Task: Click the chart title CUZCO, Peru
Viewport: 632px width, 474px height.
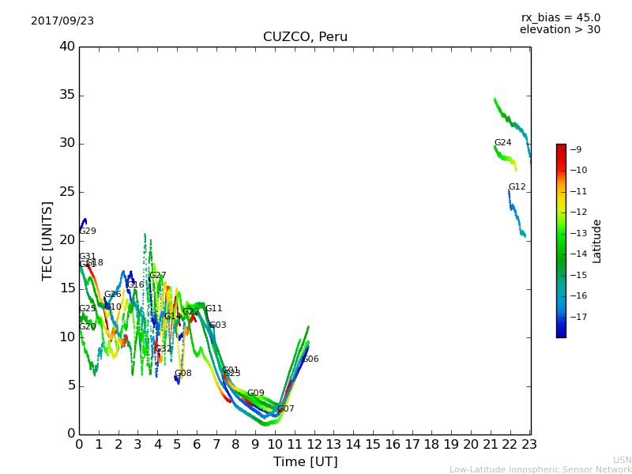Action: tap(305, 37)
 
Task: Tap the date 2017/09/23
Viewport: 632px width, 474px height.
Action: tap(62, 21)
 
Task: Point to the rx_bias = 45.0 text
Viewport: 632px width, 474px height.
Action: tap(560, 17)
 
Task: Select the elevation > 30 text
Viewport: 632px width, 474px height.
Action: tap(559, 30)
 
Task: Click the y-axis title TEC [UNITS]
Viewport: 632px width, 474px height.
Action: tap(47, 241)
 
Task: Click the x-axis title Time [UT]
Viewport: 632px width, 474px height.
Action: tap(305, 462)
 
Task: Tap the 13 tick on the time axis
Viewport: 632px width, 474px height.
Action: tap(334, 445)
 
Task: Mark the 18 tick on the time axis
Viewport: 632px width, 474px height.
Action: tap(432, 445)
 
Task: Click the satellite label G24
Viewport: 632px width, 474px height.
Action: tap(502, 143)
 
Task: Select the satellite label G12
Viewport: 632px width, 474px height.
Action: tap(517, 187)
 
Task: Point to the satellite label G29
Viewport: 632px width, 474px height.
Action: tap(88, 231)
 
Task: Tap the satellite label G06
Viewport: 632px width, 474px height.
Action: tap(310, 359)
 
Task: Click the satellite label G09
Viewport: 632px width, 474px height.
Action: tap(255, 393)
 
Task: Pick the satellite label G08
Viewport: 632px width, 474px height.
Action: tap(182, 374)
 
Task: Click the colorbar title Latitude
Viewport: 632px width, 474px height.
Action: tap(597, 241)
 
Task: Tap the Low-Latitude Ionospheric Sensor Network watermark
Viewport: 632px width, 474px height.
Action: tap(540, 470)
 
